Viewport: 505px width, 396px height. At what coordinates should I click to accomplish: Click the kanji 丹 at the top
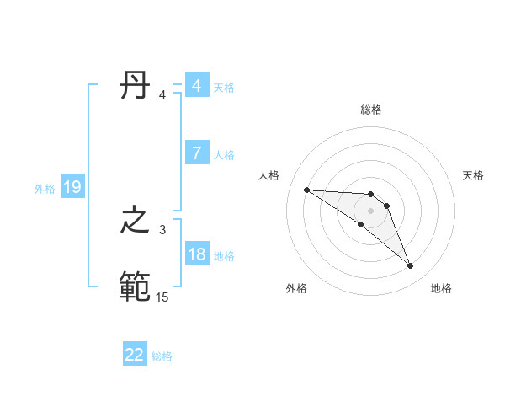tap(135, 86)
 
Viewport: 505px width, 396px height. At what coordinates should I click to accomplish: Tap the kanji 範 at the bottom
tap(135, 287)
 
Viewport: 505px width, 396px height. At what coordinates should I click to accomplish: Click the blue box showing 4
tap(196, 86)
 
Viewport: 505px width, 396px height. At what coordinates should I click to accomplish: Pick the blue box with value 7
tap(196, 153)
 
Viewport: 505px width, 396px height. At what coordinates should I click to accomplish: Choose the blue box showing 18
tap(196, 254)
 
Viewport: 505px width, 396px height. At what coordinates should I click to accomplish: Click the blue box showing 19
tap(72, 187)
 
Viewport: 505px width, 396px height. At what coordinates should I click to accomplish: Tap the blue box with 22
tap(135, 355)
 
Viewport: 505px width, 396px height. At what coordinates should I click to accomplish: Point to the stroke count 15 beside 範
tap(162, 297)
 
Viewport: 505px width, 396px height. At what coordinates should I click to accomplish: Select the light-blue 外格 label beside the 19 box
tap(45, 189)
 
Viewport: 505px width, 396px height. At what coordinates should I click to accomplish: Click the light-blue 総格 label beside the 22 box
tap(162, 356)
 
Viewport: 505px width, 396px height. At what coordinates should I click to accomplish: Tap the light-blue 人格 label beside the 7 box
tap(224, 155)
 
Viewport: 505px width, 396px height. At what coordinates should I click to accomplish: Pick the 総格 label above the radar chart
tap(371, 110)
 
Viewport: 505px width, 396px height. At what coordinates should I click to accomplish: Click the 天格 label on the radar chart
tap(473, 175)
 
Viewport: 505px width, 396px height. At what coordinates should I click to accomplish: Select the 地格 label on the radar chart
tap(441, 288)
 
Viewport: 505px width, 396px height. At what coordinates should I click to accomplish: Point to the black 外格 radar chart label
tap(295, 288)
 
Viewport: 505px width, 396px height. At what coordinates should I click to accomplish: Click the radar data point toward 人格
tap(306, 190)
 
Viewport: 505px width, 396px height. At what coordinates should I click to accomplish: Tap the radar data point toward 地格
tap(411, 266)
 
